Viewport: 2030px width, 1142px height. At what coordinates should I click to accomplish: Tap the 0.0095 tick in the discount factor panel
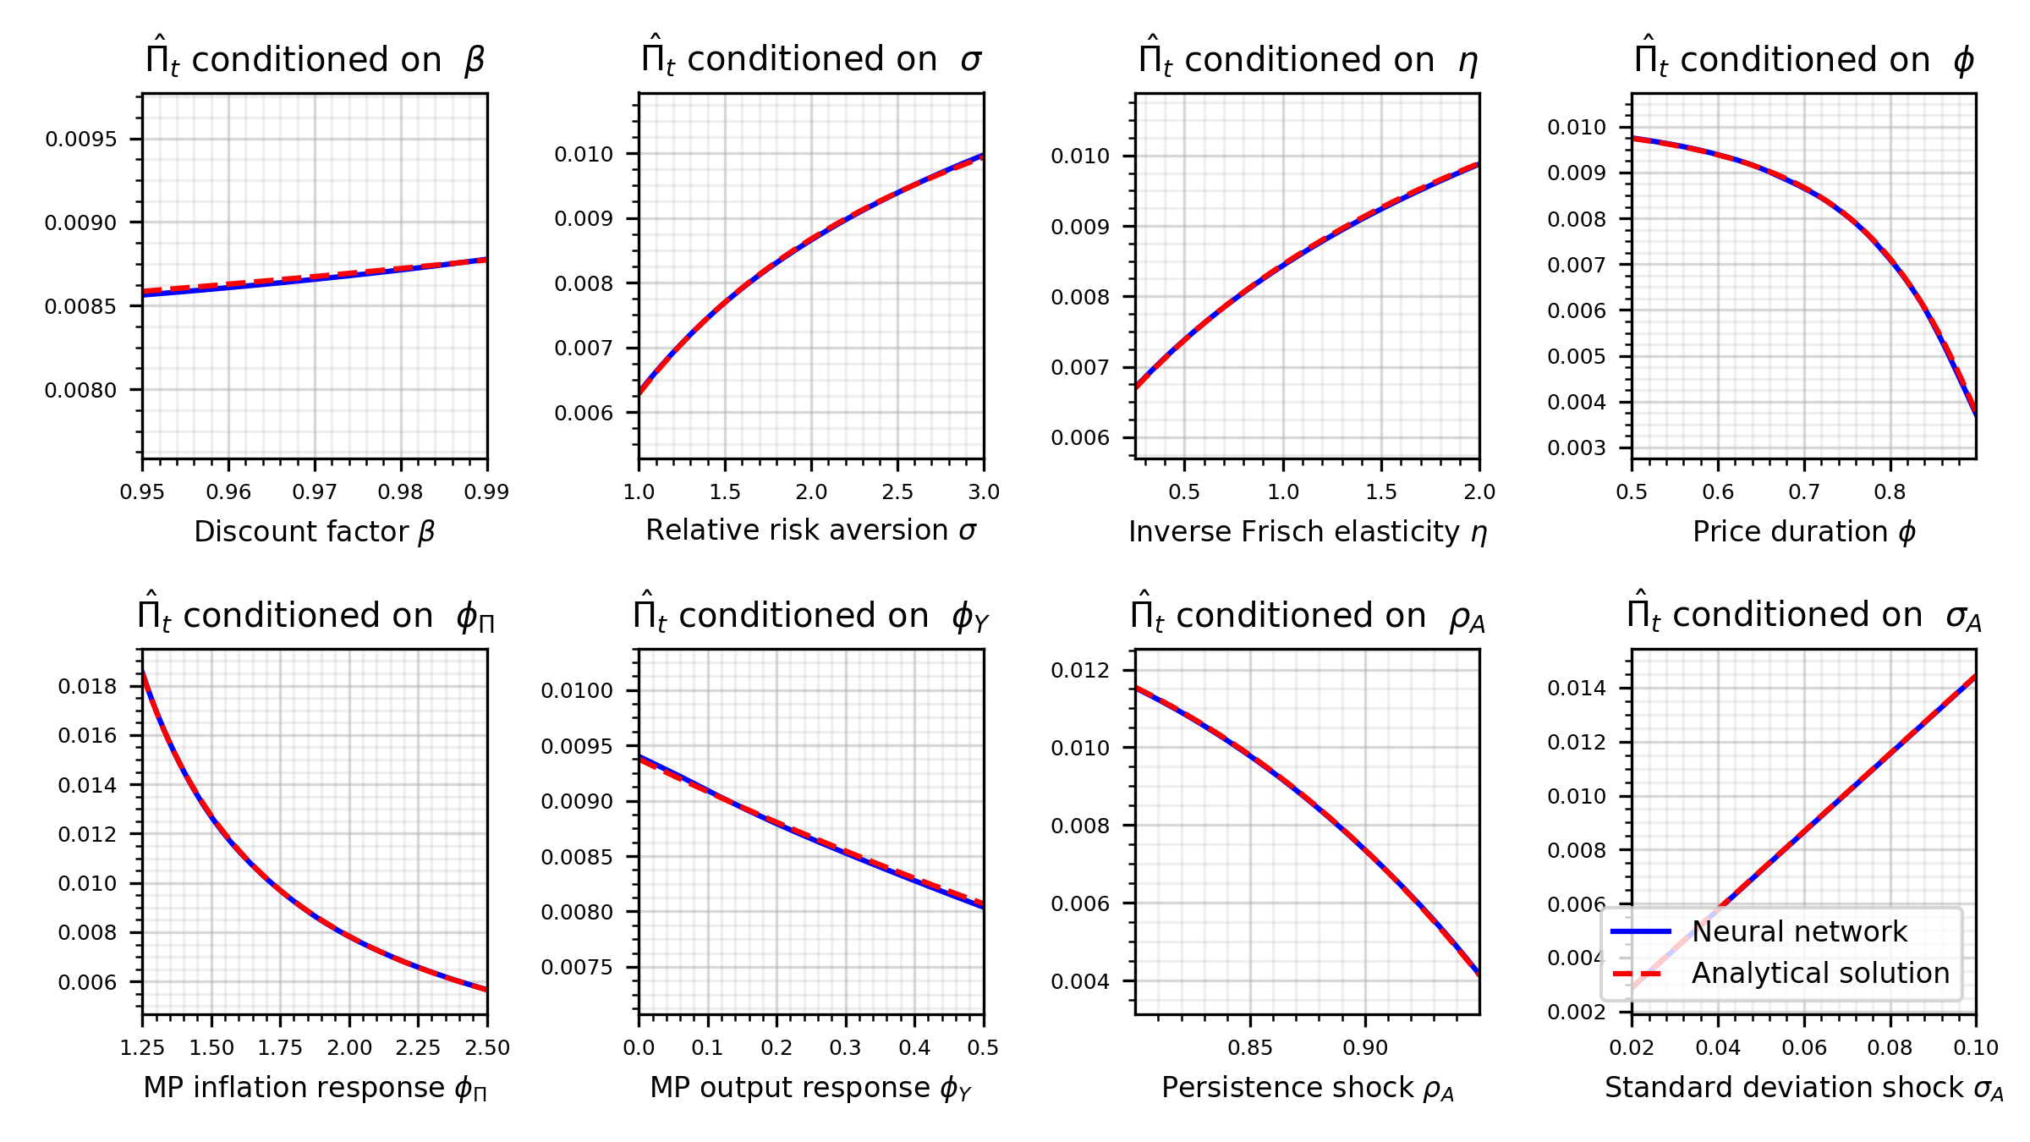(81, 140)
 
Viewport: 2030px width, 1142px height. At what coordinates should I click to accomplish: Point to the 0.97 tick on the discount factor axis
(315, 492)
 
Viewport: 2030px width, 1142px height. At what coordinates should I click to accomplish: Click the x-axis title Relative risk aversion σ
(810, 530)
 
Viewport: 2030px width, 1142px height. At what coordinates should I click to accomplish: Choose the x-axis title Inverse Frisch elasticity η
(1307, 532)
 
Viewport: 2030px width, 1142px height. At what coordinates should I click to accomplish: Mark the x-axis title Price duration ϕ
(1803, 532)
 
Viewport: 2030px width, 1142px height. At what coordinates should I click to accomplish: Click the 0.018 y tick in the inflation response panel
(87, 687)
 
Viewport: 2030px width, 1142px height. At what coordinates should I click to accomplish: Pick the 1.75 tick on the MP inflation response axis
(280, 1048)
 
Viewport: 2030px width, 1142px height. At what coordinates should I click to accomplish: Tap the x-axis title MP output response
(810, 1088)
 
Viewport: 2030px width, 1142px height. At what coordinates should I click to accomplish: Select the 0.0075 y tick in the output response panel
(577, 968)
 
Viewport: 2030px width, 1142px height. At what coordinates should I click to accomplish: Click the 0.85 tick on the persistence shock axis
(1250, 1048)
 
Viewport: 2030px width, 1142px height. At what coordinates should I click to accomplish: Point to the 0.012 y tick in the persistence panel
(1079, 671)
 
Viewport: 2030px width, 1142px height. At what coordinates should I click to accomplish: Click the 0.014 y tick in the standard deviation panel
(1576, 689)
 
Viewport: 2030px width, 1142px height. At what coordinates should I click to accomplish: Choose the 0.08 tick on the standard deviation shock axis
(1890, 1048)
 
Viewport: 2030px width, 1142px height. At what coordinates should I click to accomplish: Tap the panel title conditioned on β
(315, 59)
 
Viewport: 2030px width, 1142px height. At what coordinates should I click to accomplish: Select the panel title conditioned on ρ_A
(1307, 615)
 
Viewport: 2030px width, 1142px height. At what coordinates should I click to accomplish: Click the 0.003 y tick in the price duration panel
(1576, 448)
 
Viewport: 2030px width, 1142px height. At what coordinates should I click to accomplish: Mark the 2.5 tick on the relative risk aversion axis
(897, 492)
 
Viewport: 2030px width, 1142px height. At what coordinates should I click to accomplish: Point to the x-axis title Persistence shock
(1307, 1088)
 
